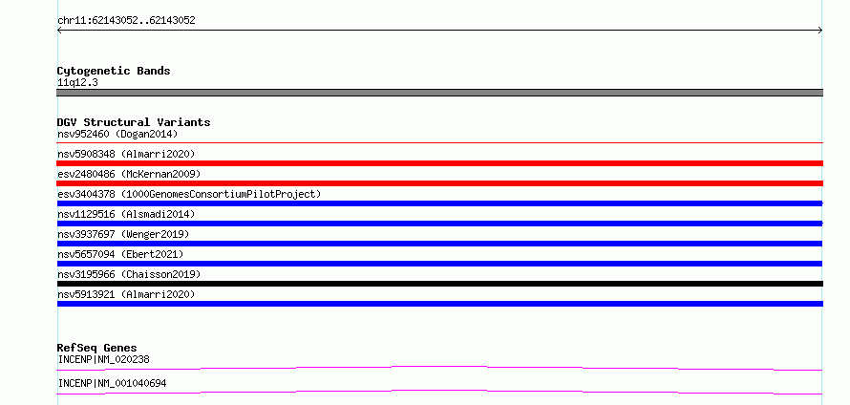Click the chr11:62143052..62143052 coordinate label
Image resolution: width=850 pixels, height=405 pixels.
[126, 21]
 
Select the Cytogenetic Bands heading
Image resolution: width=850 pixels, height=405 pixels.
[114, 71]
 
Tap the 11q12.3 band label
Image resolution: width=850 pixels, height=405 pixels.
[77, 83]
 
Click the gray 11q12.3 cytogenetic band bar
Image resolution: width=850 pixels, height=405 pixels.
[439, 93]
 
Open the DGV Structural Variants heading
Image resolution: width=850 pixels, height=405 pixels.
[134, 122]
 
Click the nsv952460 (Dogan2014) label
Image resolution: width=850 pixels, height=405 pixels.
[117, 134]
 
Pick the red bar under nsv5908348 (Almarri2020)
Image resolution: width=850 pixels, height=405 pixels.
[439, 163]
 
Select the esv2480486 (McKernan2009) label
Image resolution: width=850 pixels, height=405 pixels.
[129, 174]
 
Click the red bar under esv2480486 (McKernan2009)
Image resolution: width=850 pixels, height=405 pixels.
[439, 183]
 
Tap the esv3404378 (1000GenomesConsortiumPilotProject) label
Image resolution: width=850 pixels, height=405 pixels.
[189, 194]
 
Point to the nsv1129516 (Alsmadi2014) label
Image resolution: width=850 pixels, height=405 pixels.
[126, 214]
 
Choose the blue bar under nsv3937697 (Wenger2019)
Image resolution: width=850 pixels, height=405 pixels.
[439, 244]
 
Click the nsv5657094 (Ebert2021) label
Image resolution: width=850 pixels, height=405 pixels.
[120, 254]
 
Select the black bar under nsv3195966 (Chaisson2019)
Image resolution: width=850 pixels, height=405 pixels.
[439, 284]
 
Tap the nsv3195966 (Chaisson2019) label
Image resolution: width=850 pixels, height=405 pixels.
[129, 274]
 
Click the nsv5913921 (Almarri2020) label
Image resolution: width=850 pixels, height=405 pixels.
[126, 294]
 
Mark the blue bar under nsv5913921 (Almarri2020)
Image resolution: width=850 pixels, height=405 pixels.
[439, 304]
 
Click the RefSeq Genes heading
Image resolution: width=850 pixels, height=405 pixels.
[97, 348]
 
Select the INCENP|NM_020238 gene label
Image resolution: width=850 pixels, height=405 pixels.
[103, 359]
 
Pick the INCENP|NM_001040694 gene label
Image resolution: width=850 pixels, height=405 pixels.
[112, 384]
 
